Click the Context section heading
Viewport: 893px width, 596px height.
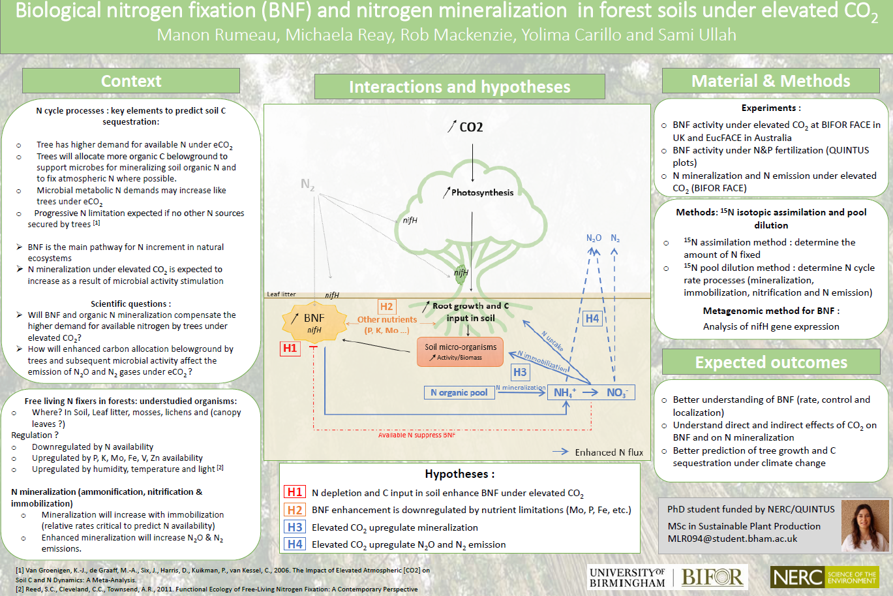[131, 81]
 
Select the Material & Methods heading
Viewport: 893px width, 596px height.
[770, 81]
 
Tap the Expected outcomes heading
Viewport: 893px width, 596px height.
[770, 362]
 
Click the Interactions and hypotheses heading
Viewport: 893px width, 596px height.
[459, 87]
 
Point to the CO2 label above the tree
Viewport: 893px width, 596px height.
[470, 127]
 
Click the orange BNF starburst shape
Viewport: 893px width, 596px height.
[314, 322]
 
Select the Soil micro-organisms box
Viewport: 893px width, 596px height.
[461, 351]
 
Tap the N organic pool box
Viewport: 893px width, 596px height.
[459, 392]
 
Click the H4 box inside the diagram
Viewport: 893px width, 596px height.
[592, 319]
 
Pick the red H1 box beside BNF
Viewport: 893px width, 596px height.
[290, 348]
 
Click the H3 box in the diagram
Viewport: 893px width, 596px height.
[519, 372]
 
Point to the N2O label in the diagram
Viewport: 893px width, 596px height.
[594, 238]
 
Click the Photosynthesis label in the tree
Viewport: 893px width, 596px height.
[481, 193]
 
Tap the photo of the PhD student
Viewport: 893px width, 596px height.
[865, 525]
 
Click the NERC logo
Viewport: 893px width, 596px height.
[825, 577]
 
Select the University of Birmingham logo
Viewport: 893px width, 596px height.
[627, 577]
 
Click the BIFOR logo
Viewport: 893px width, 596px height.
[712, 577]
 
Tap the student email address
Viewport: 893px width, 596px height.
[732, 539]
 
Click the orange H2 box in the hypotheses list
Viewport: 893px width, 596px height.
[295, 510]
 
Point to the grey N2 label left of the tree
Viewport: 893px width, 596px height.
[307, 185]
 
